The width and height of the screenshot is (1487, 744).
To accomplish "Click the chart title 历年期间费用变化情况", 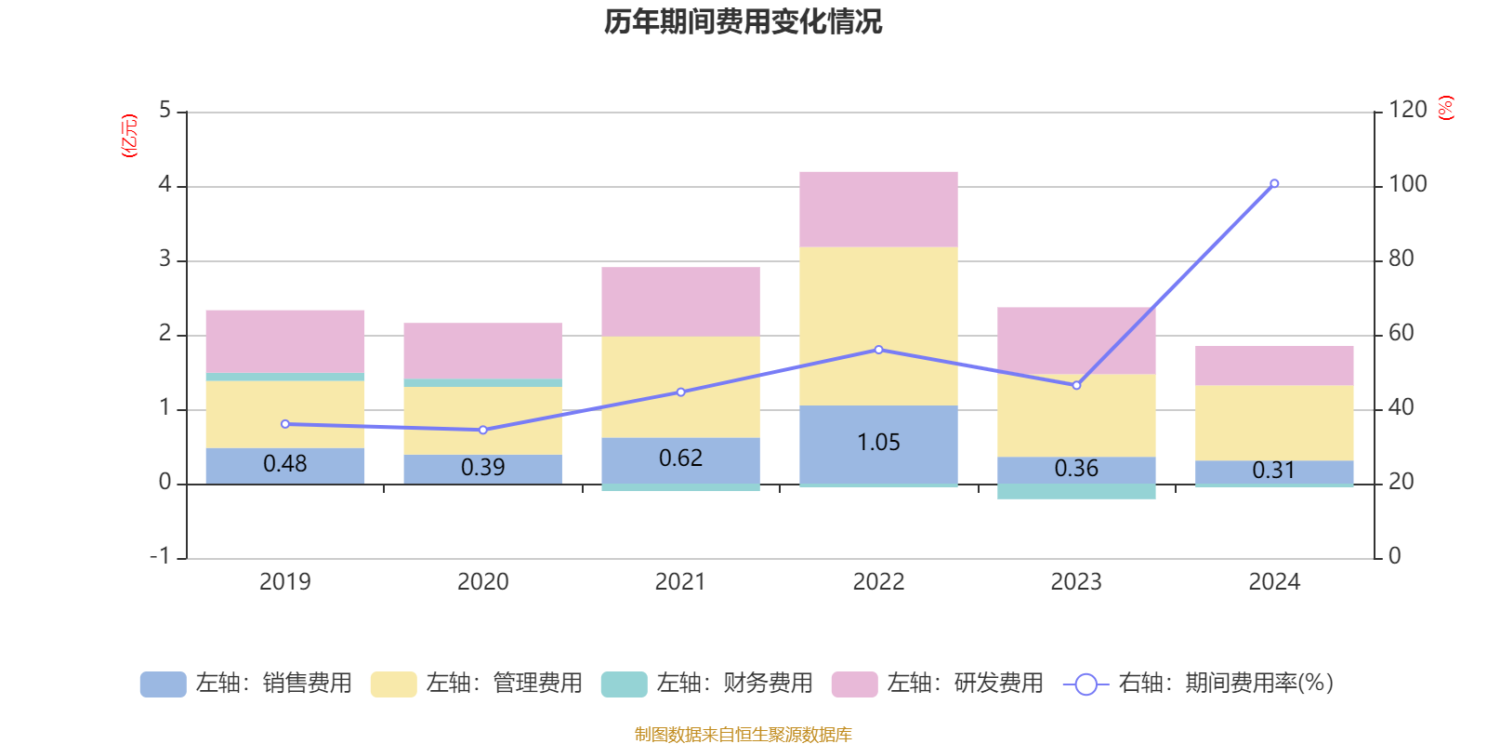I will tap(743, 21).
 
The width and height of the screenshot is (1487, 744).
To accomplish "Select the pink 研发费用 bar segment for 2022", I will tap(878, 208).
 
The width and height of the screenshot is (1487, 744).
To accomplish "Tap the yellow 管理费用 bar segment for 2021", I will tap(680, 386).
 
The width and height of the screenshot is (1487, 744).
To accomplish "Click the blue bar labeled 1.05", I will tap(878, 444).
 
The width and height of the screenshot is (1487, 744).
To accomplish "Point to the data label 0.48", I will tap(284, 464).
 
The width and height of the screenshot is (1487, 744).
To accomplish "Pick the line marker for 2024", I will tap(1274, 183).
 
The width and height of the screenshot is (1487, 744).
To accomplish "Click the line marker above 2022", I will tap(878, 350).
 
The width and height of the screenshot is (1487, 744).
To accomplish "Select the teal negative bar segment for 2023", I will tap(1076, 491).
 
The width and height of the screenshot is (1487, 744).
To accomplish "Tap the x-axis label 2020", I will tap(482, 582).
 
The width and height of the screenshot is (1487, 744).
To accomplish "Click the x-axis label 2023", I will tap(1076, 582).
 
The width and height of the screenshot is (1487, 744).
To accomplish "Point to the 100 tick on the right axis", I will tap(1407, 184).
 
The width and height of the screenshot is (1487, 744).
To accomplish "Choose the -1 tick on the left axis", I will tap(161, 556).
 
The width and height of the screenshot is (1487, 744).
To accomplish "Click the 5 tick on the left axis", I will tap(165, 111).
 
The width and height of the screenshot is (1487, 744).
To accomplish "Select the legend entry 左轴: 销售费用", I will tap(246, 684).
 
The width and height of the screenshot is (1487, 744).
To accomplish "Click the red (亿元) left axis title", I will tap(129, 136).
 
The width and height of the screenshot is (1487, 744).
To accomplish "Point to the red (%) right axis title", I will tap(1445, 109).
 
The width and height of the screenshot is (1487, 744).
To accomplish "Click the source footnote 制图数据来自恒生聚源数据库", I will tap(743, 735).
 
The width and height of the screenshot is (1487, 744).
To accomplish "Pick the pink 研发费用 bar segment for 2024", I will tap(1274, 365).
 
